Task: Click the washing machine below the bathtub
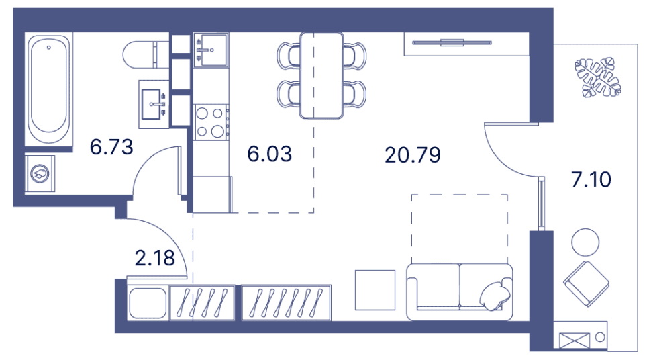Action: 40,173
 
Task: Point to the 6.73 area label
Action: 111,146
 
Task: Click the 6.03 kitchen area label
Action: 270,154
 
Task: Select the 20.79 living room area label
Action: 413,155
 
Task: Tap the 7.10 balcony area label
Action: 591,180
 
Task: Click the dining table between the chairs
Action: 321,75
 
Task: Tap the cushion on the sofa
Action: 496,294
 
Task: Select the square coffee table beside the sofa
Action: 375,289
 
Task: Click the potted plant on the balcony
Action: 597,76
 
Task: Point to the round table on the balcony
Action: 585,242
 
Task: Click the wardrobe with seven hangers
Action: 285,302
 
